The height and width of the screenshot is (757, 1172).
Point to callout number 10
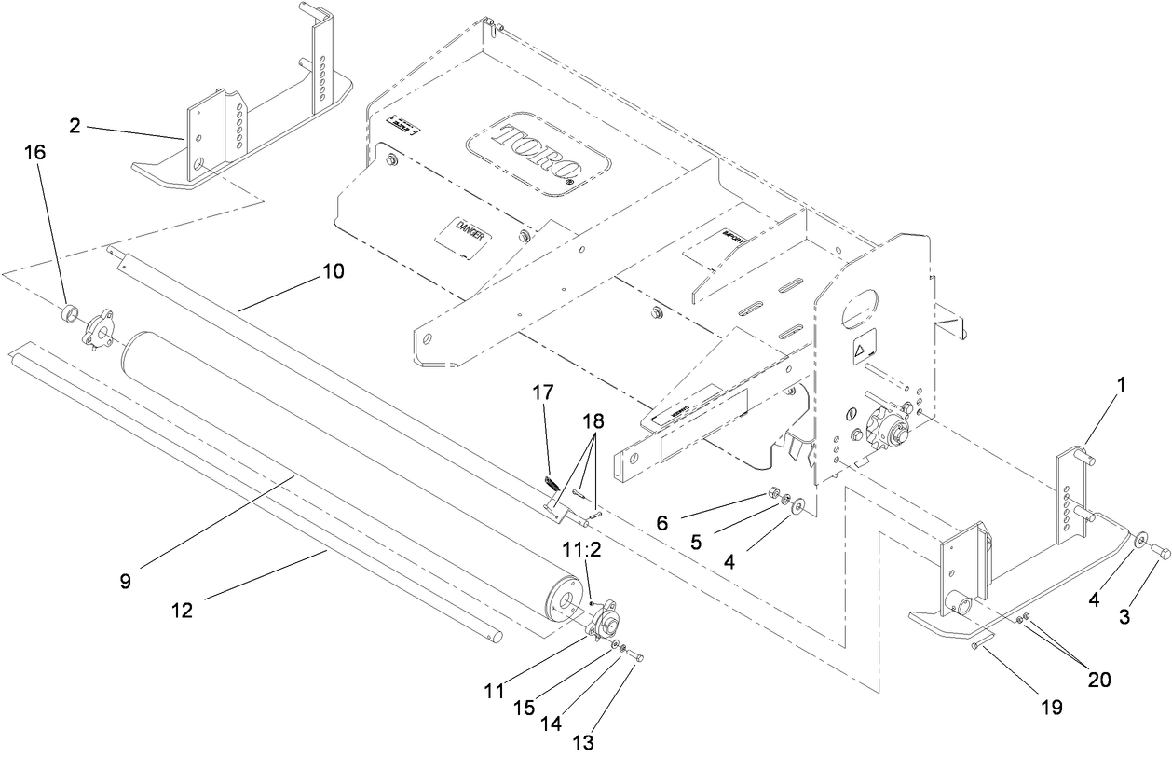click(x=333, y=271)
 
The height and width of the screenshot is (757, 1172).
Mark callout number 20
click(x=1099, y=678)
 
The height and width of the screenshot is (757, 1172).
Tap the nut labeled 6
click(x=773, y=494)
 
